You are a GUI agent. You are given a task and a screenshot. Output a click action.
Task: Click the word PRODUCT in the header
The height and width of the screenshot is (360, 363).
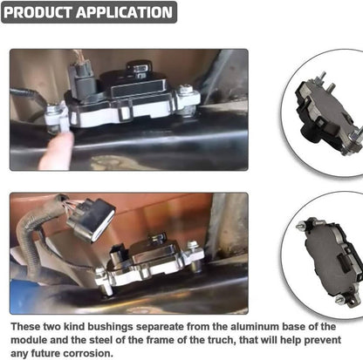38,12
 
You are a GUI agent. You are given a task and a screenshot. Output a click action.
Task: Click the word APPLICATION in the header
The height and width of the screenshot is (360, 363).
124,12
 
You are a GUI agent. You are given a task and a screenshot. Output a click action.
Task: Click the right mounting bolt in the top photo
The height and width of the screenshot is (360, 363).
186,90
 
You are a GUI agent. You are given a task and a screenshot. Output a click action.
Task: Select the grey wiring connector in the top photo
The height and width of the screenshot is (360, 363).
82,80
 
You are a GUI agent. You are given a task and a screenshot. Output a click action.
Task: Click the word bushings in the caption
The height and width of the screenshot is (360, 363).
110,327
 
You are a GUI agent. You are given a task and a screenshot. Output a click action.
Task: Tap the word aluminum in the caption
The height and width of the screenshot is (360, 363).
255,327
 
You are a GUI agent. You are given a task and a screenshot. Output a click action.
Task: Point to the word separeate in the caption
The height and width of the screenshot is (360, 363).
160,327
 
